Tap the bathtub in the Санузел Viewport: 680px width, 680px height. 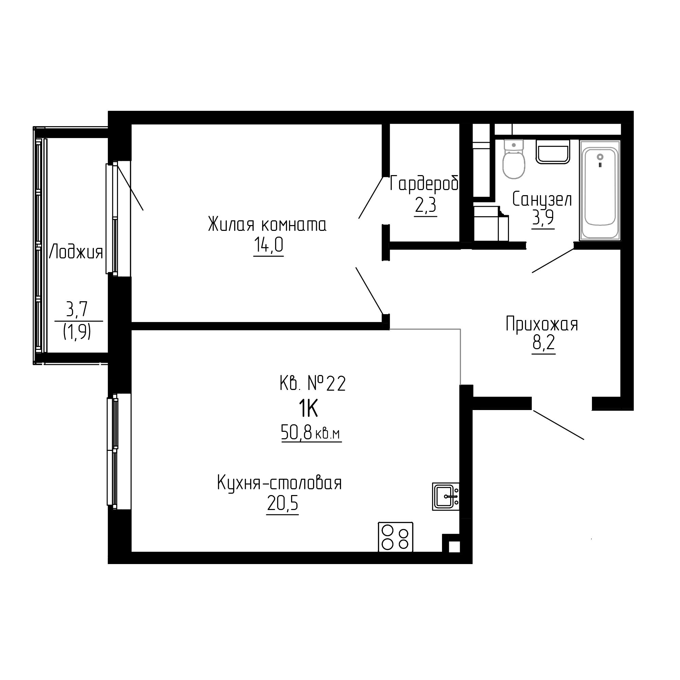click(600, 190)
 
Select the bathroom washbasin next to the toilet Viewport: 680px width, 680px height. click(552, 152)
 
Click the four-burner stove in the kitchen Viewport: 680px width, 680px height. click(395, 537)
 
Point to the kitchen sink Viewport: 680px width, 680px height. click(446, 496)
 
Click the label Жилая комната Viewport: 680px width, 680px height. click(268, 224)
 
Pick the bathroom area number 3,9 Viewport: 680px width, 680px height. click(543, 218)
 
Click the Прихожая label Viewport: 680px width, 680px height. click(542, 324)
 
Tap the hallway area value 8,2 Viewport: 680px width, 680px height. click(543, 343)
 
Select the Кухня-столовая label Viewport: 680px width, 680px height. click(279, 483)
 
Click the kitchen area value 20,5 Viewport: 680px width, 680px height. click(283, 504)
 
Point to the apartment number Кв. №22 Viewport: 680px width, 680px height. click(313, 383)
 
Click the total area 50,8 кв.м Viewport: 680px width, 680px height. click(311, 432)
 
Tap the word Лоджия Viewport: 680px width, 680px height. click(76, 252)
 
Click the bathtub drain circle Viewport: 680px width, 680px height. click(600, 157)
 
